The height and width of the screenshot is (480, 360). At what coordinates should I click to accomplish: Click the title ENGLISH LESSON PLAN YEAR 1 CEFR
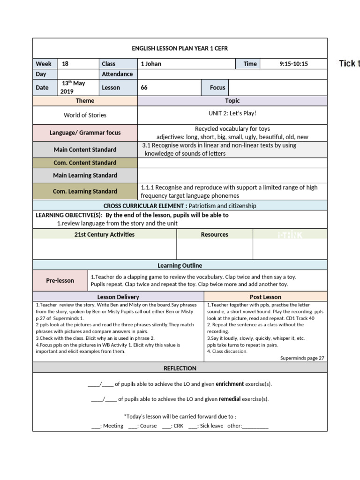click(x=180, y=48)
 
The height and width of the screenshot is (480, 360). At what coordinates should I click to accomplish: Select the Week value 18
click(x=65, y=64)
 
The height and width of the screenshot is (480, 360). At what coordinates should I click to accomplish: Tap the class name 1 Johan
click(x=151, y=64)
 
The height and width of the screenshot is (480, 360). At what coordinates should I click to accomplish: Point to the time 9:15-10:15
click(x=293, y=64)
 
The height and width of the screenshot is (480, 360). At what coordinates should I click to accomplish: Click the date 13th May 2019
click(x=73, y=87)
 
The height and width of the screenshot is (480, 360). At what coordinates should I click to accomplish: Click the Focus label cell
click(x=217, y=87)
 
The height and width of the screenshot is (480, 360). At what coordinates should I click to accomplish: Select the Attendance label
click(x=117, y=74)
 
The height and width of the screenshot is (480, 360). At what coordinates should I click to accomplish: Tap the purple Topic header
click(x=232, y=101)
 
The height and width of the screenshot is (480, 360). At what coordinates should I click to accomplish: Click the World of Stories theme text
click(x=85, y=115)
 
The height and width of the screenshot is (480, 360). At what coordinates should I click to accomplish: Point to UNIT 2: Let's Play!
click(x=232, y=114)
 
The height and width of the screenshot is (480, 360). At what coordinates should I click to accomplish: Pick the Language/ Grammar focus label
click(x=85, y=133)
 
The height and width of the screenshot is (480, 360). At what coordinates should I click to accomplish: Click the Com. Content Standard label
click(x=85, y=163)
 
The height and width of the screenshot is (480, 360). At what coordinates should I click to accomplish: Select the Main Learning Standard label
click(x=85, y=175)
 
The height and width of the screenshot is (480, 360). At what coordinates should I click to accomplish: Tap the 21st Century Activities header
click(x=104, y=234)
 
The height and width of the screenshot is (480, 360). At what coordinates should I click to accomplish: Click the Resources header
click(x=215, y=234)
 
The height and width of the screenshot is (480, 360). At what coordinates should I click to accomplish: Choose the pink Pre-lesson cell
click(x=60, y=280)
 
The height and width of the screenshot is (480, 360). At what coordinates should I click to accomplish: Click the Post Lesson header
click(x=265, y=297)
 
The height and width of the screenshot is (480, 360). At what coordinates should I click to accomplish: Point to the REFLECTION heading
click(x=180, y=368)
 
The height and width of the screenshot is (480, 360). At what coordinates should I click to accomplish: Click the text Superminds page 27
click(x=302, y=358)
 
